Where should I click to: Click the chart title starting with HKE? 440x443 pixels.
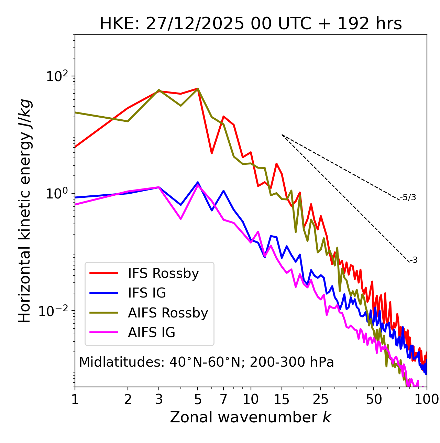(251, 24)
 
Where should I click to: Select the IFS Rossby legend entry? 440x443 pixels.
(163, 273)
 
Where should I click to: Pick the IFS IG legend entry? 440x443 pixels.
(147, 293)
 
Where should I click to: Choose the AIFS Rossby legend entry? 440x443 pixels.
(168, 313)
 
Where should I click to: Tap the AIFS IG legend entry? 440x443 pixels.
(152, 333)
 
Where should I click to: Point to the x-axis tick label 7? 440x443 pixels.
(223, 399)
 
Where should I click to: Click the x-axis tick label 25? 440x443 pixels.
(321, 399)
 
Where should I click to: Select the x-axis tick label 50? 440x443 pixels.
(374, 399)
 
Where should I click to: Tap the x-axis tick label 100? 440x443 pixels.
(427, 399)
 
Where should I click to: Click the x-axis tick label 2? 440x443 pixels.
(128, 399)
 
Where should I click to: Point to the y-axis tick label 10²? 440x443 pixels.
(56, 76)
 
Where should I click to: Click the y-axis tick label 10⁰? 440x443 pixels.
(56, 194)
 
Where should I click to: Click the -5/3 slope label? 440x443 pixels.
(408, 198)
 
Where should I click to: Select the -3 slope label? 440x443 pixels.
(414, 260)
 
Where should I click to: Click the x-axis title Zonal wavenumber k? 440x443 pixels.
(251, 417)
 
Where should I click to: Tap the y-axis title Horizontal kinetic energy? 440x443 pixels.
(25, 211)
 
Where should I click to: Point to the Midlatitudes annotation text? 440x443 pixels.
(206, 362)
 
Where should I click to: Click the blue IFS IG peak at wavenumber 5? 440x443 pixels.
(198, 182)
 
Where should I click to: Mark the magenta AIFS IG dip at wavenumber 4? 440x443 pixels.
(181, 219)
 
